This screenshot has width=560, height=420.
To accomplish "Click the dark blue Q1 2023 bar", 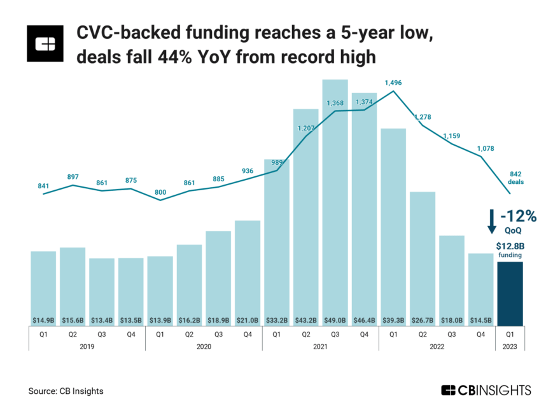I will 510,293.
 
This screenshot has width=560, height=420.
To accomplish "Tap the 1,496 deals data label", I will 393,83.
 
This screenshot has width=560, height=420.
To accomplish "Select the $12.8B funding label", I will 510,249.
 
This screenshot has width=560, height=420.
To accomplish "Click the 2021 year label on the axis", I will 320,347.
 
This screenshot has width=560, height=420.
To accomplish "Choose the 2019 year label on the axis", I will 87,347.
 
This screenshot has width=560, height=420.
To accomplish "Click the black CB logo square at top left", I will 46,44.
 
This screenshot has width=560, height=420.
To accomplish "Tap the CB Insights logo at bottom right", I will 486,390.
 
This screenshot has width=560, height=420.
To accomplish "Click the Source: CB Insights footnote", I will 66,391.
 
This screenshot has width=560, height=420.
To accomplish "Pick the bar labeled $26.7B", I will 422,255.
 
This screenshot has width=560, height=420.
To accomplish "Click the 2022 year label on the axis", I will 437,347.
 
